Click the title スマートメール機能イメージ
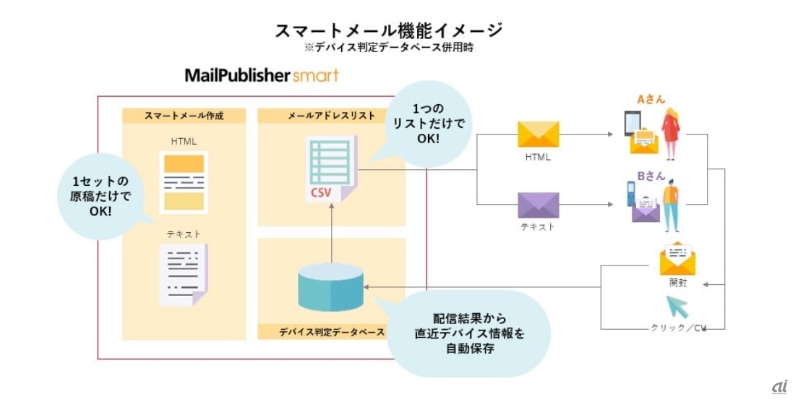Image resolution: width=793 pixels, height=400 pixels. [x=388, y=30]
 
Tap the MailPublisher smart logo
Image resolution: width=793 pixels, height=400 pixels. [x=261, y=75]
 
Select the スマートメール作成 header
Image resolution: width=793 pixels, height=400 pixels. [x=184, y=116]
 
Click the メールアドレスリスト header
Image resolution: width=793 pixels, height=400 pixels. [x=331, y=116]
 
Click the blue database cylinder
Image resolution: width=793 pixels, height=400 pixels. [x=330, y=287]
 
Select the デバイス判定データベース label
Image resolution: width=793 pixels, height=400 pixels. [x=331, y=332]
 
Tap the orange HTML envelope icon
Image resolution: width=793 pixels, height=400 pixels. [x=538, y=135]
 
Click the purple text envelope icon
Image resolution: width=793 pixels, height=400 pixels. [x=538, y=205]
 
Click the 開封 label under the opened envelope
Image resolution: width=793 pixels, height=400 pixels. [x=677, y=284]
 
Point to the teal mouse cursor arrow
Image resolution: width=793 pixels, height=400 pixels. [x=677, y=307]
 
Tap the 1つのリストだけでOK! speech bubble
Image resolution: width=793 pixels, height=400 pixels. [x=428, y=124]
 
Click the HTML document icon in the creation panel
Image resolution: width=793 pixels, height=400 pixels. [x=184, y=182]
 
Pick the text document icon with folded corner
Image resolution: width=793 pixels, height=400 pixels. [x=184, y=274]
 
